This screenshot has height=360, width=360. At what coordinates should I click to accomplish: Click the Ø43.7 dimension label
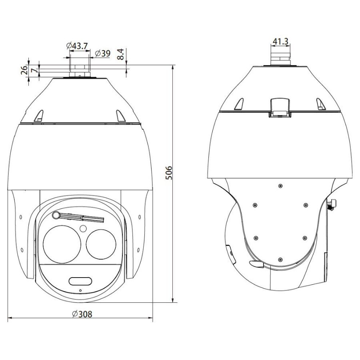pyautogui.click(x=77, y=46)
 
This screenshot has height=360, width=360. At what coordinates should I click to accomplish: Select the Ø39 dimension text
pyautogui.click(x=102, y=53)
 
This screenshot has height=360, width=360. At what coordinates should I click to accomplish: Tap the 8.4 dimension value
pyautogui.click(x=120, y=54)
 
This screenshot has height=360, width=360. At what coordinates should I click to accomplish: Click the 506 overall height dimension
pyautogui.click(x=168, y=173)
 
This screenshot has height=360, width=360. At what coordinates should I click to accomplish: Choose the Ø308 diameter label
pyautogui.click(x=82, y=314)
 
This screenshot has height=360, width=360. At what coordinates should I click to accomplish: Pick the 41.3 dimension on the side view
pyautogui.click(x=280, y=41)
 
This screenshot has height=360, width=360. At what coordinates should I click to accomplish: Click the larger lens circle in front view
pyautogui.click(x=62, y=244)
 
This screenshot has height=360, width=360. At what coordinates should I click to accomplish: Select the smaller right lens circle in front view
pyautogui.click(x=101, y=244)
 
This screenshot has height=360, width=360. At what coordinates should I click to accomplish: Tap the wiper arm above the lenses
pyautogui.click(x=78, y=217)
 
